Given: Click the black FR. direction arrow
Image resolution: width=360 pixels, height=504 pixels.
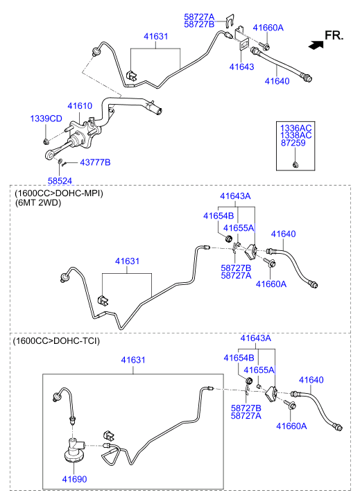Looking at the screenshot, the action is [316, 45].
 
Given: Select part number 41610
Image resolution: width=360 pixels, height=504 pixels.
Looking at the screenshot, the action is [80, 106].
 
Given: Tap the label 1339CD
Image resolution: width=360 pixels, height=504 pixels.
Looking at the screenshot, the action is [46, 119].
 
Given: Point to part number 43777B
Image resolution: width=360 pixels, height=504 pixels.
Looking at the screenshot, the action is [95, 162].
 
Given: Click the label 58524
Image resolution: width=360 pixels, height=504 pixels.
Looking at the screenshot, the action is [60, 181].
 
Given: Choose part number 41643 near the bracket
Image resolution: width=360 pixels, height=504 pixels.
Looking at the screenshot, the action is [241, 67].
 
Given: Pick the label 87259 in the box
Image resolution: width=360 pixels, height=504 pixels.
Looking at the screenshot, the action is [293, 143].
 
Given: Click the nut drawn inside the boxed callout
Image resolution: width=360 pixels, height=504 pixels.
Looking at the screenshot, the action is [295, 165].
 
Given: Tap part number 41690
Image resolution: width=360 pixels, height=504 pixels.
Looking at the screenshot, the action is [74, 479].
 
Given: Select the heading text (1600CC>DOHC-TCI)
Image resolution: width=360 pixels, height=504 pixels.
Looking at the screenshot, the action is [56, 340].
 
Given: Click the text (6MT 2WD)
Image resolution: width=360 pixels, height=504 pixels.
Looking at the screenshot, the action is [37, 203].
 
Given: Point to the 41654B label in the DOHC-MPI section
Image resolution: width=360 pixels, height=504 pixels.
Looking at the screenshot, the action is [218, 216].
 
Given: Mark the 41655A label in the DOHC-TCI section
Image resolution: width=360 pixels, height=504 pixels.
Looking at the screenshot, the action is [259, 370].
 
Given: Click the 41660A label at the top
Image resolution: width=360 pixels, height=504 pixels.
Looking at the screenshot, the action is [268, 28].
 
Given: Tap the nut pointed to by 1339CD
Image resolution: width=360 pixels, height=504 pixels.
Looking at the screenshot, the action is [46, 141].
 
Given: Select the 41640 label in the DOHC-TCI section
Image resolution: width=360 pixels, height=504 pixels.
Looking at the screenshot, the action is [311, 380].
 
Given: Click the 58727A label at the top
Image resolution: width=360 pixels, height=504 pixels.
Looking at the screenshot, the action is [199, 17].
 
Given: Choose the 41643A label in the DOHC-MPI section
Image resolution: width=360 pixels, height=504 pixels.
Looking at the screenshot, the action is [235, 196].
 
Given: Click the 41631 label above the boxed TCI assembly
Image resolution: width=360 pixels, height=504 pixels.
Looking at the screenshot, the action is [133, 360].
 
